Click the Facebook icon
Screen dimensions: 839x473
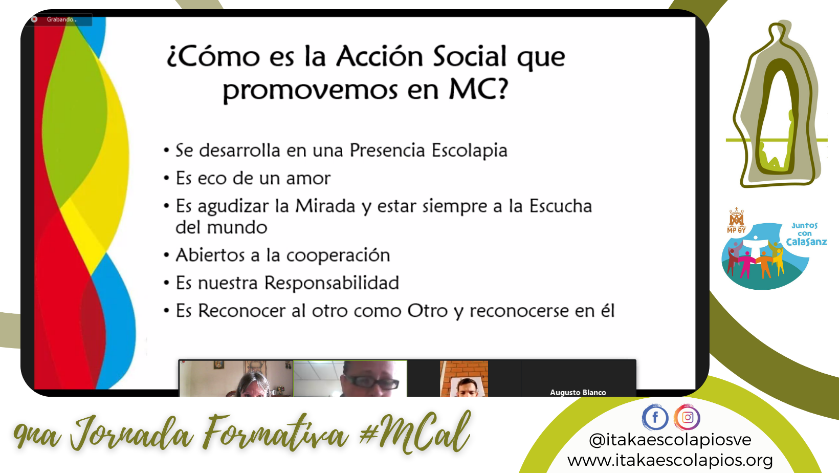pyautogui.click(x=655, y=417)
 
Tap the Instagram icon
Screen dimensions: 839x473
pyautogui.click(x=687, y=417)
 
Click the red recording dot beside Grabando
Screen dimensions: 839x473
pyautogui.click(x=34, y=19)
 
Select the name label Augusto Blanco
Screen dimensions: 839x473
pyautogui.click(x=578, y=393)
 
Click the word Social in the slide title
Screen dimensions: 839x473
pyautogui.click(x=470, y=57)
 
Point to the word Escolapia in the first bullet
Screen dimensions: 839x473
pyautogui.click(x=469, y=150)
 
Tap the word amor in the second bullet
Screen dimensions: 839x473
pyautogui.click(x=308, y=179)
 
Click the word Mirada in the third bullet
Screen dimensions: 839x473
pyautogui.click(x=325, y=206)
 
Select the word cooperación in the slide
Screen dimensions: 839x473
pyautogui.click(x=338, y=255)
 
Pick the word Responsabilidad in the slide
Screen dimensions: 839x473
pyautogui.click(x=332, y=283)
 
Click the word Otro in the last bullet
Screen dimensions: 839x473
pyautogui.click(x=427, y=311)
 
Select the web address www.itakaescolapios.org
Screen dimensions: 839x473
pyautogui.click(x=670, y=460)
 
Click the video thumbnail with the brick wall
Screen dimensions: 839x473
pyautogui.click(x=464, y=378)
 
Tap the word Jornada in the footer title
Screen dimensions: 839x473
pyautogui.click(x=131, y=435)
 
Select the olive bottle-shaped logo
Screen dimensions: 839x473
pyautogui.click(x=777, y=104)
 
